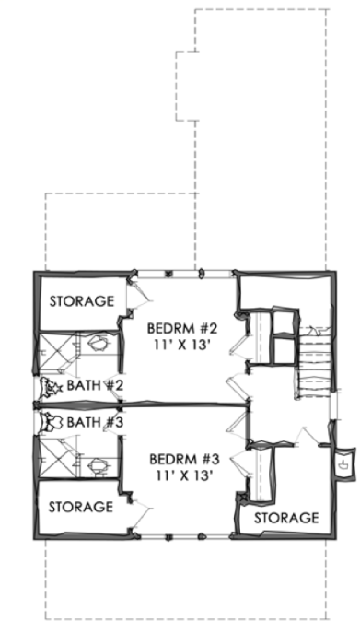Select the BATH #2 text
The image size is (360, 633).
coord(95,385)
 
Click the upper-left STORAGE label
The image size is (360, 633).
coord(81,301)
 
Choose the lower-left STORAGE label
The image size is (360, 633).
coord(81,506)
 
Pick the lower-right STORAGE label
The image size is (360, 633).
coord(286,517)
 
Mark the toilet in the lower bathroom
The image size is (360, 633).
coord(96,464)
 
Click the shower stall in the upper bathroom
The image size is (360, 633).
coord(55,352)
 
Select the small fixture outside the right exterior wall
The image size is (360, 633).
coord(343,461)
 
